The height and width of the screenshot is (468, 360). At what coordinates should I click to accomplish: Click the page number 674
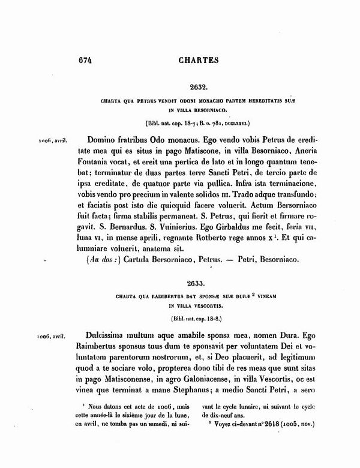88,60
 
